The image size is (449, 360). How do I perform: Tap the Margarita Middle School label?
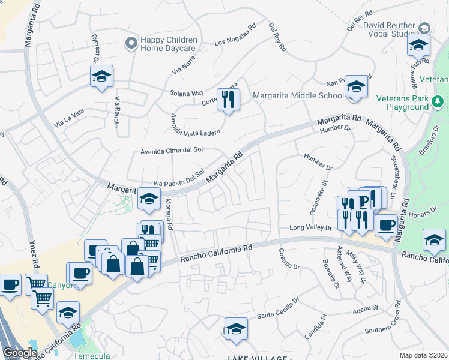(298, 95)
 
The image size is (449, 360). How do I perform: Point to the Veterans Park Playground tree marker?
(438, 103)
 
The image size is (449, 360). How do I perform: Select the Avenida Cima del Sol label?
(169, 151)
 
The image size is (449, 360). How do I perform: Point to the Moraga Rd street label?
(169, 214)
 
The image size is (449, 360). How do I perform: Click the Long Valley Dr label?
(310, 227)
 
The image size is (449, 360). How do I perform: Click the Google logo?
(20, 353)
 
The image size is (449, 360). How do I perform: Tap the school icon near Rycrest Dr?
(102, 76)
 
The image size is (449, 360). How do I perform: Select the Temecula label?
(89, 355)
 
